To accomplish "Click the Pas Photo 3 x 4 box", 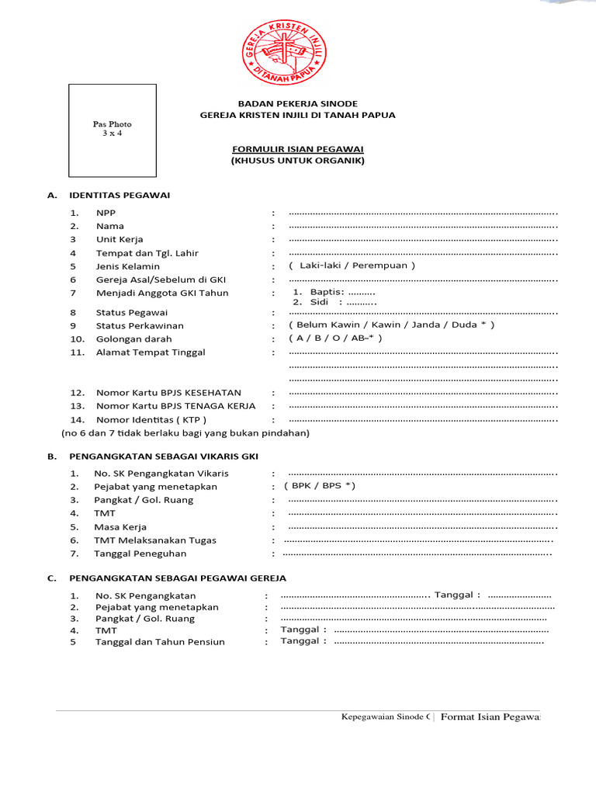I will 113,130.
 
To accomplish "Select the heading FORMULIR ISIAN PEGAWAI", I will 298,148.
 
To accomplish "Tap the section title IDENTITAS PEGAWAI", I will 120,195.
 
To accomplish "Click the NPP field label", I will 105,213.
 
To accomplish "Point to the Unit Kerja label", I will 120,239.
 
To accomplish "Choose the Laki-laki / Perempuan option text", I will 352,266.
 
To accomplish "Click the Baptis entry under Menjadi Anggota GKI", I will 334,292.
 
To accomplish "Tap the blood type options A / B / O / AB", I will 335,338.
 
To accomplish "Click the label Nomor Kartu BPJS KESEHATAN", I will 168,393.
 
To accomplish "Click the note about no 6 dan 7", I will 185,432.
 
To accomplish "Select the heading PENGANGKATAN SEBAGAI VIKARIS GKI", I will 164,457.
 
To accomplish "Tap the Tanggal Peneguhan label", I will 140,554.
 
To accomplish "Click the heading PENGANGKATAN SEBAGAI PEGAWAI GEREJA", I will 178,578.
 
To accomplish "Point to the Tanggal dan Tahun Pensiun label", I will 160,642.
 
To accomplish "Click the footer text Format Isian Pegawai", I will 490,717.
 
